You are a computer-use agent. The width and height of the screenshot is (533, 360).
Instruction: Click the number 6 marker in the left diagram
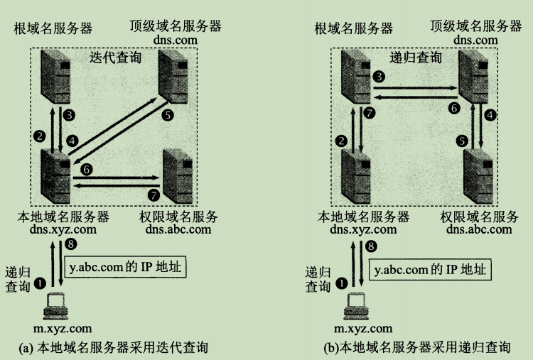point(86,169)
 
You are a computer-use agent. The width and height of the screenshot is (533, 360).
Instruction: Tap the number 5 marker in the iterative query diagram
point(167,115)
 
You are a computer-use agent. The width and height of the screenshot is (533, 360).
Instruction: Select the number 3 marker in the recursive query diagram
point(379,77)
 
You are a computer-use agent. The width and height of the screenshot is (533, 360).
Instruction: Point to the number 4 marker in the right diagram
point(490,115)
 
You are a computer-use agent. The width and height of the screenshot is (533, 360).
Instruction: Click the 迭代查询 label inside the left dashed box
point(115,58)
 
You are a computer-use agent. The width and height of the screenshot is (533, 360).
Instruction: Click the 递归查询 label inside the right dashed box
point(416,58)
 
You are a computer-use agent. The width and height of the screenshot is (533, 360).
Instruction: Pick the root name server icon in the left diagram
point(55,76)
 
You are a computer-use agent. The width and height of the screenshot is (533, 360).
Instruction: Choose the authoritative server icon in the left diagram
point(178,176)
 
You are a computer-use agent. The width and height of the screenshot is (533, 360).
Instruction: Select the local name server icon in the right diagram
point(355,176)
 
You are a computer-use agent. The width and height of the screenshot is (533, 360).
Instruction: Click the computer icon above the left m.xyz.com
point(55,305)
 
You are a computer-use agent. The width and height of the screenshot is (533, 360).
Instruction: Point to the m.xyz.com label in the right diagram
point(363,329)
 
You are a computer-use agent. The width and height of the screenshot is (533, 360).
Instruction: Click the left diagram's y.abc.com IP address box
point(125,266)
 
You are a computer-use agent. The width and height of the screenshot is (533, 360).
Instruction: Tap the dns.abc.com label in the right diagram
point(479,229)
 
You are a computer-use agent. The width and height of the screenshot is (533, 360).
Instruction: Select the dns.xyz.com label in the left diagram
point(63,229)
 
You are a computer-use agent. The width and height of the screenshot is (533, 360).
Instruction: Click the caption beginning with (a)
point(113,347)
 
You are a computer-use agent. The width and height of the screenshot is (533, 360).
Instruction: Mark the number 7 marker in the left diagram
point(154,195)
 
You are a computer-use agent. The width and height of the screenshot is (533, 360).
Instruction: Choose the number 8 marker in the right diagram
point(371,246)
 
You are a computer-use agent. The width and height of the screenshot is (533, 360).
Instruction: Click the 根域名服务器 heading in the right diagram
point(353,28)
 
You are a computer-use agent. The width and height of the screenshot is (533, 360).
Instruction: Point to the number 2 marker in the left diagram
point(39,136)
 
